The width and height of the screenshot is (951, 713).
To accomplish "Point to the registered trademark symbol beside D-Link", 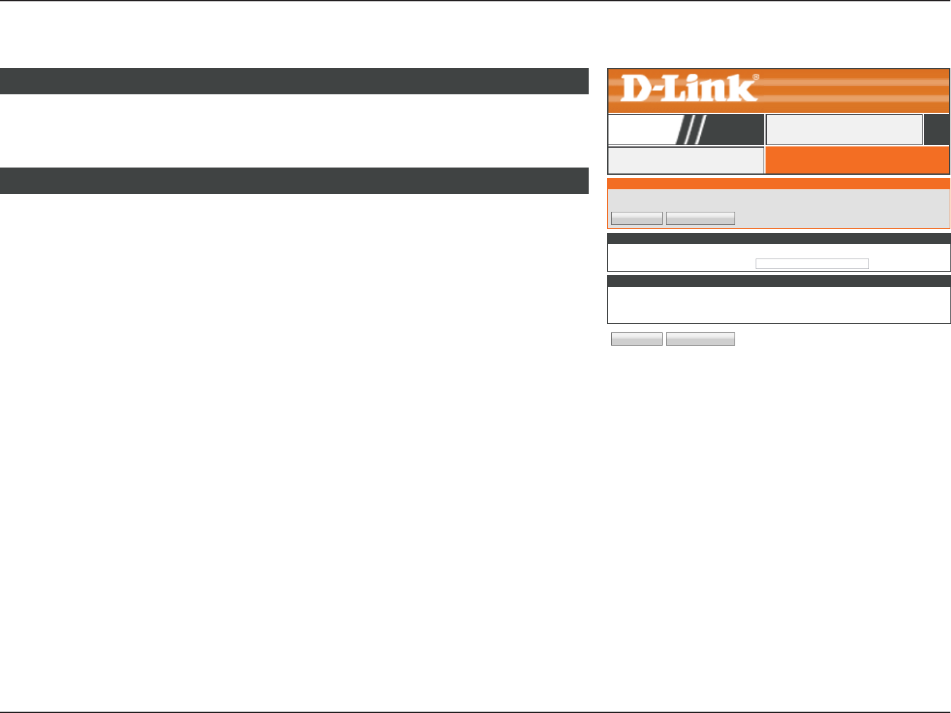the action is [755, 77].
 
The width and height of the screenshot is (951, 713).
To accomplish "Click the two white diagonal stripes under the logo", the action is [692, 129].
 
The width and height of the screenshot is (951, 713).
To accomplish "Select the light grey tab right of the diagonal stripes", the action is [844, 129].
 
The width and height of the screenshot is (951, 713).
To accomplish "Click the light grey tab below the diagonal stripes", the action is [685, 160].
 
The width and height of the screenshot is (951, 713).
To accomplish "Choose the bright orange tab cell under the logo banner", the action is [857, 160].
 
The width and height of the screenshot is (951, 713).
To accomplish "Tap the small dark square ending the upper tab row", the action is [936, 129].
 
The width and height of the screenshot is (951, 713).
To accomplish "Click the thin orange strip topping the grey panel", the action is [778, 184].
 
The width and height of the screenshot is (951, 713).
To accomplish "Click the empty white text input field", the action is [812, 264].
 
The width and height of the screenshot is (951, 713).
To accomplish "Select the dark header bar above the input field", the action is [778, 239].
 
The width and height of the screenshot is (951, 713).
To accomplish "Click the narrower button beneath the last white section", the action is [636, 339].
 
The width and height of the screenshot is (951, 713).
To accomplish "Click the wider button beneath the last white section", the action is [700, 339].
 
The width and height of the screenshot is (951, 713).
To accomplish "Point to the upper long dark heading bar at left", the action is [294, 81].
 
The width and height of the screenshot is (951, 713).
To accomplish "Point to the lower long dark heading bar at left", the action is [294, 181].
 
